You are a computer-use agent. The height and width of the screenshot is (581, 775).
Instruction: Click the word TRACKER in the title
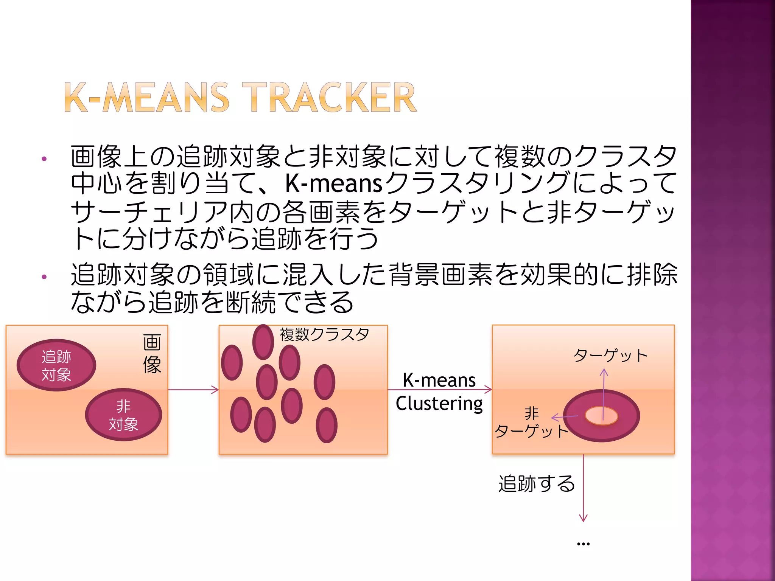[329, 97]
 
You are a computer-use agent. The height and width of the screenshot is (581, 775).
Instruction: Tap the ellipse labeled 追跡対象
[56, 365]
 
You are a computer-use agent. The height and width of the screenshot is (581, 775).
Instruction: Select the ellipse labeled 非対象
[123, 415]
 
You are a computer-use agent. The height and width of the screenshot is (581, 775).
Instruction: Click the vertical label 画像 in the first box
[152, 354]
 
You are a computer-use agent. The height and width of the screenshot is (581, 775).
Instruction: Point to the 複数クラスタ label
[324, 334]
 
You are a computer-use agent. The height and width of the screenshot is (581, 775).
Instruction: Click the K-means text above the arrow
[439, 380]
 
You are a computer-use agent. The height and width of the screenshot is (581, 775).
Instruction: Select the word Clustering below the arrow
[439, 403]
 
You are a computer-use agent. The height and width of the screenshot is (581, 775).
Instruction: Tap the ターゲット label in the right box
[610, 356]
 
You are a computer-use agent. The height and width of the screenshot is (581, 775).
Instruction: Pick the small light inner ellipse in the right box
[601, 416]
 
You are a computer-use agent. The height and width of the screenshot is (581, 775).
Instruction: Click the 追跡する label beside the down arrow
[537, 483]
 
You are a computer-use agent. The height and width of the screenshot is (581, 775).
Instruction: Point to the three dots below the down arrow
[583, 544]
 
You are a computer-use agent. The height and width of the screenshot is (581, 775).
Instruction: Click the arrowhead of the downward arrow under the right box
[583, 519]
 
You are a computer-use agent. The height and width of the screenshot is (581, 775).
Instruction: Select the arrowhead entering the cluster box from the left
[216, 390]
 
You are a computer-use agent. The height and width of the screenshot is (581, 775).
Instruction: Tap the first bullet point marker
[44, 159]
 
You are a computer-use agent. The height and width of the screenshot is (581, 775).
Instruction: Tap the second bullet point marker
[44, 277]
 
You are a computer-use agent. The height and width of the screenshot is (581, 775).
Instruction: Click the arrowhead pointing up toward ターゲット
[604, 373]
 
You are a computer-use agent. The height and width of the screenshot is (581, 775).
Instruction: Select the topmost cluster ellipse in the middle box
[263, 342]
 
